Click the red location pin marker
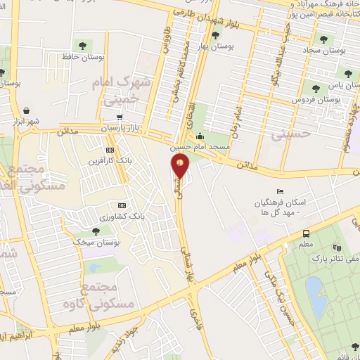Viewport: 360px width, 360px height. tap(181, 166)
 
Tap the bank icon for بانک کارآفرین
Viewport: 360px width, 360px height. tap(110, 150)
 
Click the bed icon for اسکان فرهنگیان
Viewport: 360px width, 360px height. tap(281, 191)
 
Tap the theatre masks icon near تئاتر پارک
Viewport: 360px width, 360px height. tap(337, 247)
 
